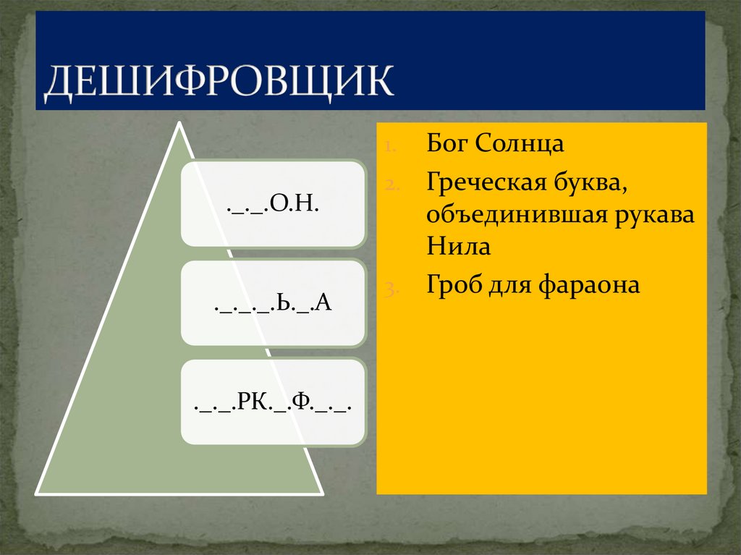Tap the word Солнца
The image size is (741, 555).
520,143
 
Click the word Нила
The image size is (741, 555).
458,247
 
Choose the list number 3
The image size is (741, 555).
389,287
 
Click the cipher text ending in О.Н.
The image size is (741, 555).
273,205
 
